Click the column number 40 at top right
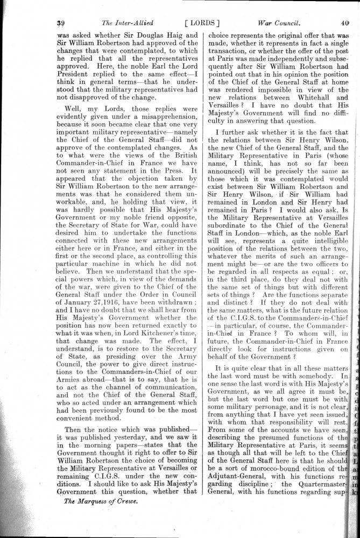345,23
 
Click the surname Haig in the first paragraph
175,36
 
